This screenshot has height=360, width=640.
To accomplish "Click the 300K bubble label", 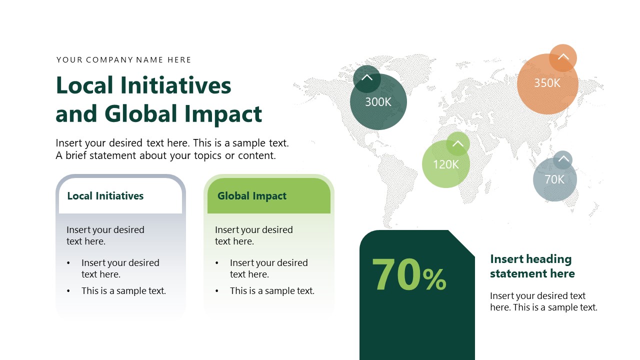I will (x=378, y=102).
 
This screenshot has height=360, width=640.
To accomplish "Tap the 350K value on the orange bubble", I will (x=547, y=83).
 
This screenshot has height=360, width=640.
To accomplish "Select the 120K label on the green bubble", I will (x=445, y=164).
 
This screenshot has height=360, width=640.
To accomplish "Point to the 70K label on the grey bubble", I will (x=554, y=179).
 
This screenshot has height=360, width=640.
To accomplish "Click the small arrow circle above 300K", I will (x=367, y=78).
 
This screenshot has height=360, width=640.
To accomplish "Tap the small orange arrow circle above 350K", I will (x=563, y=57).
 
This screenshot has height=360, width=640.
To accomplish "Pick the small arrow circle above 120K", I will (x=457, y=144).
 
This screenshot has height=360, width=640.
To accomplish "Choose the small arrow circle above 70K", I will (x=563, y=160).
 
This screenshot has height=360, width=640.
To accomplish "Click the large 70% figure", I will (x=408, y=275).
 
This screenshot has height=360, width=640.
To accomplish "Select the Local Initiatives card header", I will (x=105, y=196).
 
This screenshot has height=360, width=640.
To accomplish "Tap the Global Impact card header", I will (x=252, y=196).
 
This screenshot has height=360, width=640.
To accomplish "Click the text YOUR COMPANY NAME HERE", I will (x=124, y=60).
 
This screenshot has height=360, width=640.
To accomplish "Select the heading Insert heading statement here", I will (x=532, y=266).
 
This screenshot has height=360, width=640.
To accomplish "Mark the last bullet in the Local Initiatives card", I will (x=123, y=290).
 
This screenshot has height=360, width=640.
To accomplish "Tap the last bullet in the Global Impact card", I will (x=272, y=290).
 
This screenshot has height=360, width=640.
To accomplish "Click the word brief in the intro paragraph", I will (x=80, y=155).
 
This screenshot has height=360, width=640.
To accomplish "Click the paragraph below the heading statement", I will (x=543, y=301).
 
